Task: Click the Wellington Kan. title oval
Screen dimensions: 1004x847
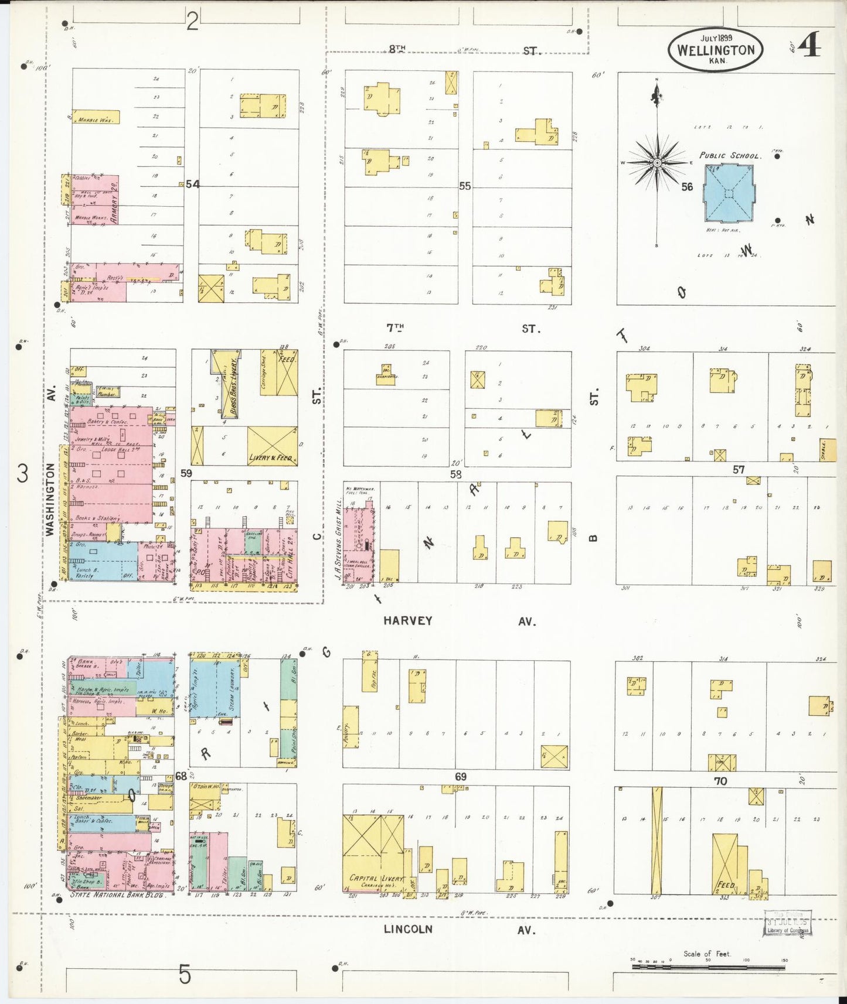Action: point(715,50)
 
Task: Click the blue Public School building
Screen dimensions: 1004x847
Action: point(729,193)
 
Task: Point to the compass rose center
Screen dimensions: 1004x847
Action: point(657,163)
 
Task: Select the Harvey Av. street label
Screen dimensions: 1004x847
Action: point(408,621)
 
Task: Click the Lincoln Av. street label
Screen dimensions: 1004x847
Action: point(408,929)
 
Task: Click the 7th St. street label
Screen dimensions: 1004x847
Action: point(396,328)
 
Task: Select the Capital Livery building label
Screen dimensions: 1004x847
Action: point(376,878)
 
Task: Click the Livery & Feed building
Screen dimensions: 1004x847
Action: point(271,447)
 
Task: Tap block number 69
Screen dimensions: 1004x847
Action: point(461,777)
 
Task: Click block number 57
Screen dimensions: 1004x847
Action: point(738,469)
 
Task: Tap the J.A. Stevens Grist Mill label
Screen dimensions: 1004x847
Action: point(338,539)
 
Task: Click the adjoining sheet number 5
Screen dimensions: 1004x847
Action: point(185,975)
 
